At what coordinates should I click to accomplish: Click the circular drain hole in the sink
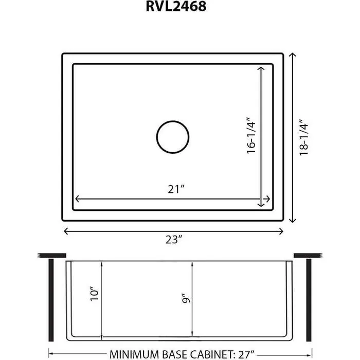173,137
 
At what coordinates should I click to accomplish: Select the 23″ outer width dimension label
174,240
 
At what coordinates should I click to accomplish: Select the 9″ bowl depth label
186,299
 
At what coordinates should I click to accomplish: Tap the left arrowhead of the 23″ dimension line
65,231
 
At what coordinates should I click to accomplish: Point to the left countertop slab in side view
52,255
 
